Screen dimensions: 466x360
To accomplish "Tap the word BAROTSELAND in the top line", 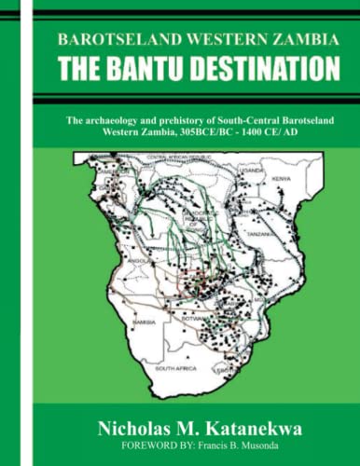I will pyautogui.click(x=112, y=40).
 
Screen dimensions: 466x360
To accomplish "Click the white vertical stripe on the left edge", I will pyautogui.click(x=25, y=233).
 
